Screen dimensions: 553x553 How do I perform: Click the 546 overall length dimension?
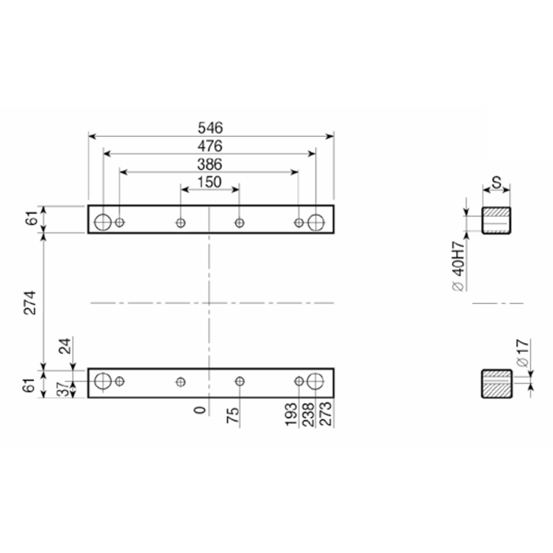(x=210, y=128)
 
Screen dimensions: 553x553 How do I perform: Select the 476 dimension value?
(x=210, y=146)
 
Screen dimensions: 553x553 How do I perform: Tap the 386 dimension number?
(x=209, y=165)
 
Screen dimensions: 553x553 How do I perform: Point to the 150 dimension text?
(x=209, y=182)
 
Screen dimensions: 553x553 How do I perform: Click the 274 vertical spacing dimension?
(x=30, y=303)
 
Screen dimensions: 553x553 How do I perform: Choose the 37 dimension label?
(x=64, y=389)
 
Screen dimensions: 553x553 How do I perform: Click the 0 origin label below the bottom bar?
(x=200, y=410)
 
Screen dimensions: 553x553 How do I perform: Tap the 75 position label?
(x=233, y=415)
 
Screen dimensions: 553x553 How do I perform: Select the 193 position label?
(x=291, y=414)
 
